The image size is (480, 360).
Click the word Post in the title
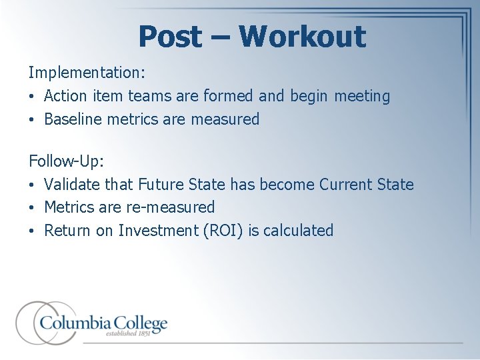[x=170, y=37]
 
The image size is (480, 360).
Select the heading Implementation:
[x=87, y=71]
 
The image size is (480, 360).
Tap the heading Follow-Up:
[x=66, y=161]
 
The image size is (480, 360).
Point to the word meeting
[x=362, y=96]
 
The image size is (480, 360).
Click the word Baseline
[x=73, y=119]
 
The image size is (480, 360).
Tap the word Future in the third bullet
[x=161, y=184]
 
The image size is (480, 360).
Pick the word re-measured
[x=170, y=207]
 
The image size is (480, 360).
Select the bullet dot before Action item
[x=32, y=97]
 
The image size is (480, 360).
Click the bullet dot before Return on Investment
[x=32, y=231]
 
